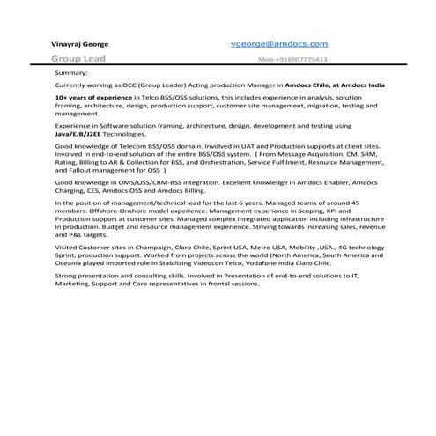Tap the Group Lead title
pyautogui.click(x=78, y=58)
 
